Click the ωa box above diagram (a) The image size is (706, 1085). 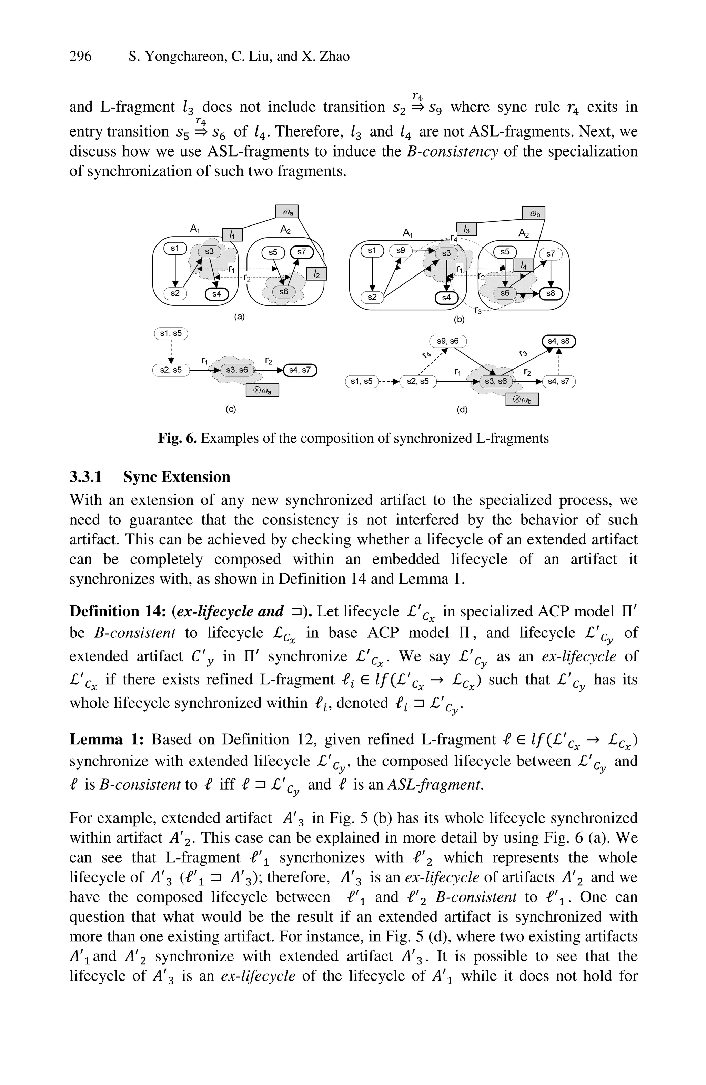[287, 212]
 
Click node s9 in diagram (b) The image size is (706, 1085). [401, 250]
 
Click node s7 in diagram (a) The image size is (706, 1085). [302, 252]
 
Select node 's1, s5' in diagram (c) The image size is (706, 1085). [171, 333]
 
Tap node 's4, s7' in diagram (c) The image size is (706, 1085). [300, 370]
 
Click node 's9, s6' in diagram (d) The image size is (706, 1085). [447, 341]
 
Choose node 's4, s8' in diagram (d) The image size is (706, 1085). [558, 341]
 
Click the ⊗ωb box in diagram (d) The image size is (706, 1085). [522, 400]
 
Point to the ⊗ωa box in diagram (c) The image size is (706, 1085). [262, 390]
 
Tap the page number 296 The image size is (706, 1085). [80, 57]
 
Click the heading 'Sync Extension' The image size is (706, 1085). [176, 477]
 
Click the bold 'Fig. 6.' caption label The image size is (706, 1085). [177, 438]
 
